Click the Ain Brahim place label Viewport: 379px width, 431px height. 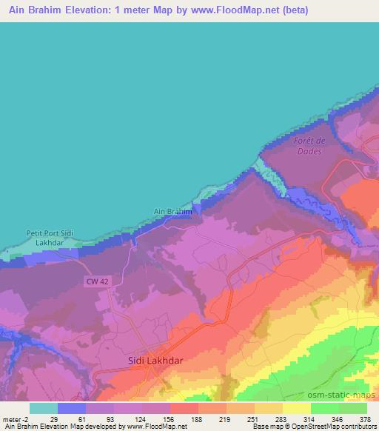point(172,211)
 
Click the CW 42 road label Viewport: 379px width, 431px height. point(96,281)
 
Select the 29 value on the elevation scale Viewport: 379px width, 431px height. point(53,419)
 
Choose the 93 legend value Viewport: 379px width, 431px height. point(110,419)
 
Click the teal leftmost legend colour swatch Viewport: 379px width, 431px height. point(44,408)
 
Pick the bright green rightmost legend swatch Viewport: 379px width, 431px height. point(352,408)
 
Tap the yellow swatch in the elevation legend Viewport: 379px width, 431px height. point(296,408)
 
